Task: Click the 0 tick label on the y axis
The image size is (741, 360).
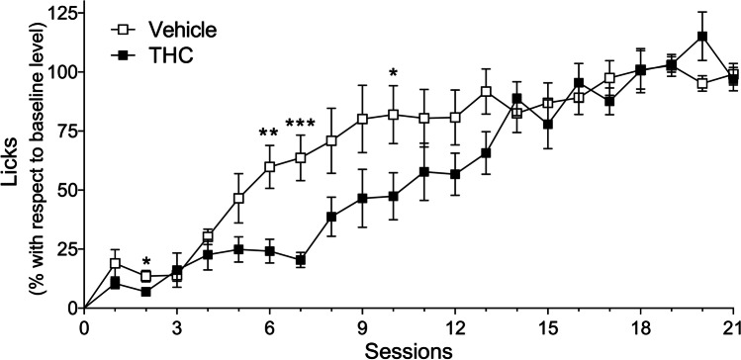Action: (70, 308)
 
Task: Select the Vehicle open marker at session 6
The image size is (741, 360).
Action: (270, 167)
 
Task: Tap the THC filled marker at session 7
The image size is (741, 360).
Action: (301, 260)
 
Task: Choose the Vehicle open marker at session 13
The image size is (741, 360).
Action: (486, 92)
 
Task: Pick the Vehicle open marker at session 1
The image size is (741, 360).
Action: (116, 264)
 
